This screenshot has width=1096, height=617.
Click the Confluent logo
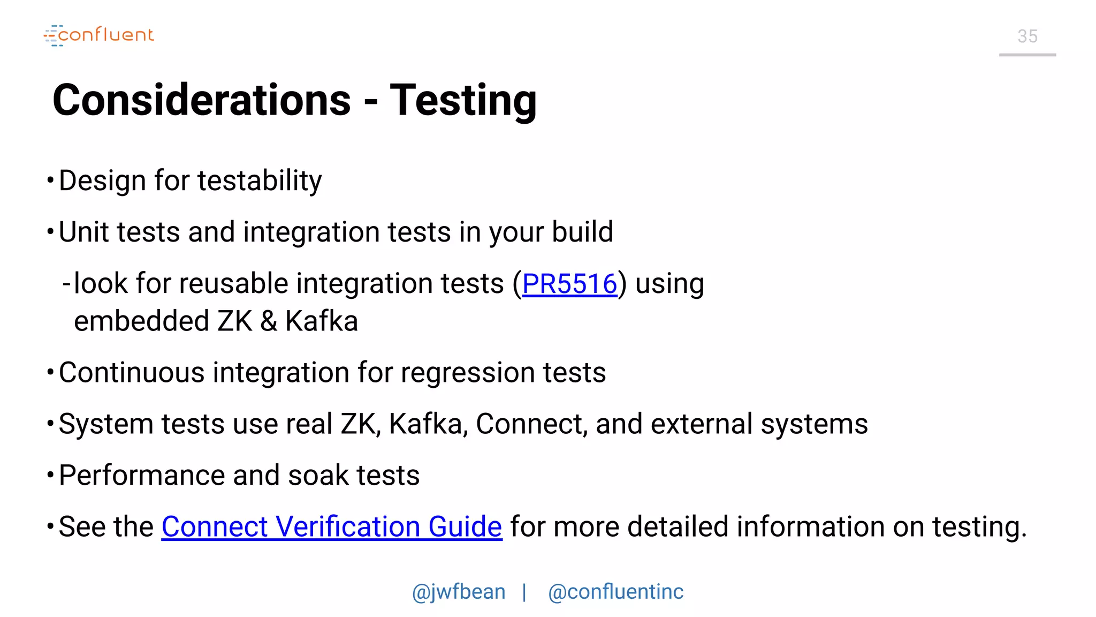click(x=99, y=35)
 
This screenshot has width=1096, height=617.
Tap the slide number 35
click(x=1027, y=36)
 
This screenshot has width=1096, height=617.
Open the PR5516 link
click(x=569, y=284)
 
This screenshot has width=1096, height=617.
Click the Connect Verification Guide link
click(x=332, y=526)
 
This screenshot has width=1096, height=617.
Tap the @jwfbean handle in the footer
click(x=459, y=592)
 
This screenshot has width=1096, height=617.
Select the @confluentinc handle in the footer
click(x=615, y=592)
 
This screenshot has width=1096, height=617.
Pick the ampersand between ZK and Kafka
click(x=269, y=321)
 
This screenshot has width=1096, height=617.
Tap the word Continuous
click(x=132, y=372)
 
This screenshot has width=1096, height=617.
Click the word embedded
click(x=141, y=321)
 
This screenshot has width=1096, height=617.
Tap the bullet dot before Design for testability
click(x=50, y=180)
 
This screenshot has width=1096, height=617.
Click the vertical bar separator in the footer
click(x=524, y=592)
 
